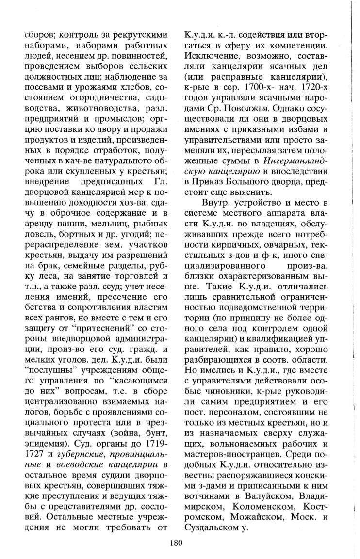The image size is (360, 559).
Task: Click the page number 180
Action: click(176, 543)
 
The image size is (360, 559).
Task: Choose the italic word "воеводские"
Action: click(77, 468)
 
